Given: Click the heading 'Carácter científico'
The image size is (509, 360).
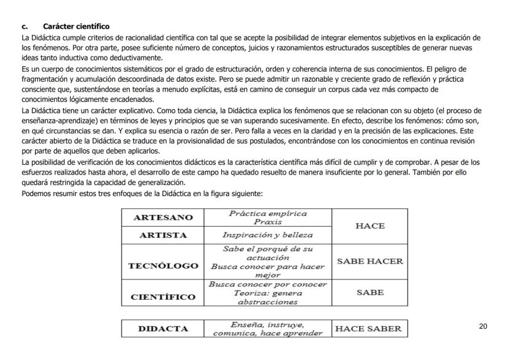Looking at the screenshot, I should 76,26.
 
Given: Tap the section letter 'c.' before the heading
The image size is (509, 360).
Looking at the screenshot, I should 25,26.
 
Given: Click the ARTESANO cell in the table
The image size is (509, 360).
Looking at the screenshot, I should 163,217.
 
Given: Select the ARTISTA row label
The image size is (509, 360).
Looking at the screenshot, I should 163,235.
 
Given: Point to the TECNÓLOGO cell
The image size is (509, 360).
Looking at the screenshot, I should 163,266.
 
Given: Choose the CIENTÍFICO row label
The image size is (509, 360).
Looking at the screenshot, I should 163,297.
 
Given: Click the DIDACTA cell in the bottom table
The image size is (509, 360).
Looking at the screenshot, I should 163,329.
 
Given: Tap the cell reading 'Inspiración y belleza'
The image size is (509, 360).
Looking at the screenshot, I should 267,235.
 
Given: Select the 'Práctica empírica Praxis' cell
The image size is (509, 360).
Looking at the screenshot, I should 267,217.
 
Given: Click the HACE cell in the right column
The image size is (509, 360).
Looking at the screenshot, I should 370,226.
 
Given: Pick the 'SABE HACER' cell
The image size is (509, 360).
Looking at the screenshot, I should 370,261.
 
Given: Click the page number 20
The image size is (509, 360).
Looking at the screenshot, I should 483,326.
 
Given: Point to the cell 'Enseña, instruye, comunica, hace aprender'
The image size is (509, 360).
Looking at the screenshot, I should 267,329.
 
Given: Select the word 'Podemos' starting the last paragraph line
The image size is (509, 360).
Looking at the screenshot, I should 36,194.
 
